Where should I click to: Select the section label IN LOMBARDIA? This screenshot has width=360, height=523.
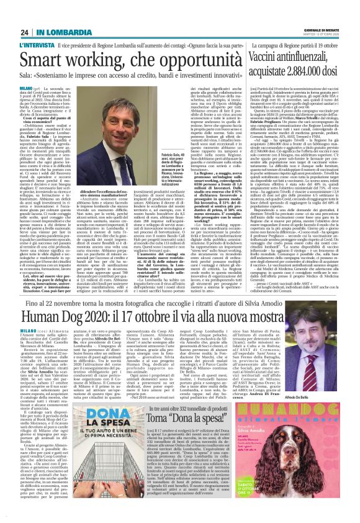point(58,14)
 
